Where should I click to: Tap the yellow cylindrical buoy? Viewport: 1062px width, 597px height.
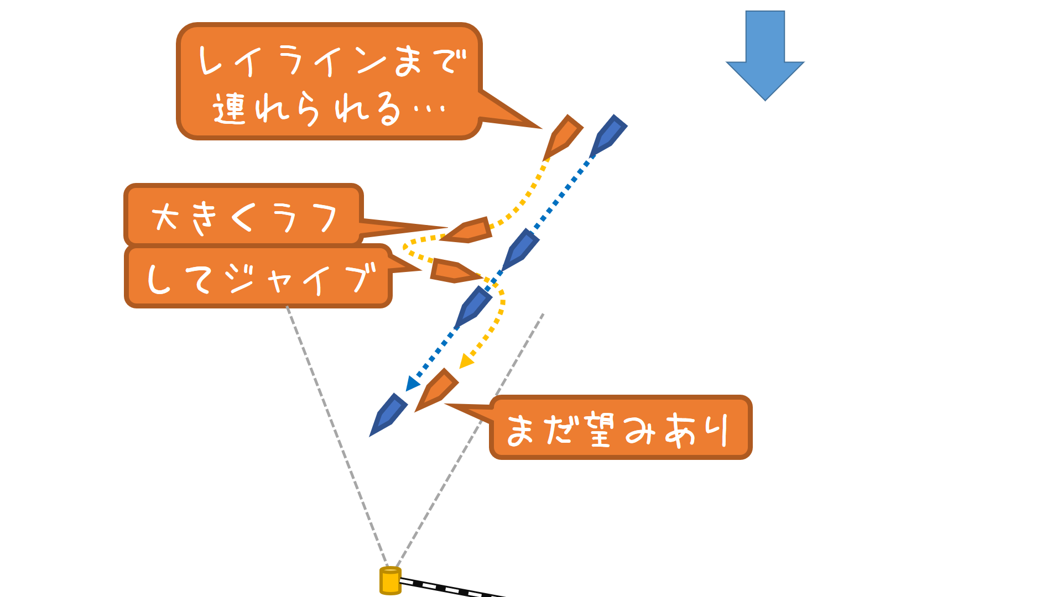pyautogui.click(x=390, y=580)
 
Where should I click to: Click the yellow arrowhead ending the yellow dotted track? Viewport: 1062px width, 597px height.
pyautogui.click(x=466, y=362)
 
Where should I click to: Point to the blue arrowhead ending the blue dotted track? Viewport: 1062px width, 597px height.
pyautogui.click(x=412, y=383)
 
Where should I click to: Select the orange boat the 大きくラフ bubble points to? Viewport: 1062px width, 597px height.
pyautogui.click(x=469, y=231)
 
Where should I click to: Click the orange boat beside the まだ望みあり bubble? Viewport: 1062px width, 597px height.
pyautogui.click(x=437, y=390)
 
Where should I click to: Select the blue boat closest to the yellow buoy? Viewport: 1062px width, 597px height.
pyautogui.click(x=388, y=415)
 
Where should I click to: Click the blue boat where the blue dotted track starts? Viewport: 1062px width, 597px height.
pyautogui.click(x=608, y=136)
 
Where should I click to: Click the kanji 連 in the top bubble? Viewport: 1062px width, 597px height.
pyautogui.click(x=229, y=108)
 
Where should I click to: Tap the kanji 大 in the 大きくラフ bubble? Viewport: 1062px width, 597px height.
pyautogui.click(x=165, y=217)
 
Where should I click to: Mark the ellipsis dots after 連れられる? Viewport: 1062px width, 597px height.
pyautogui.click(x=429, y=109)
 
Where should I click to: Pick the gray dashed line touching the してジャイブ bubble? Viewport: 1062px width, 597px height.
pyautogui.click(x=337, y=437)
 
